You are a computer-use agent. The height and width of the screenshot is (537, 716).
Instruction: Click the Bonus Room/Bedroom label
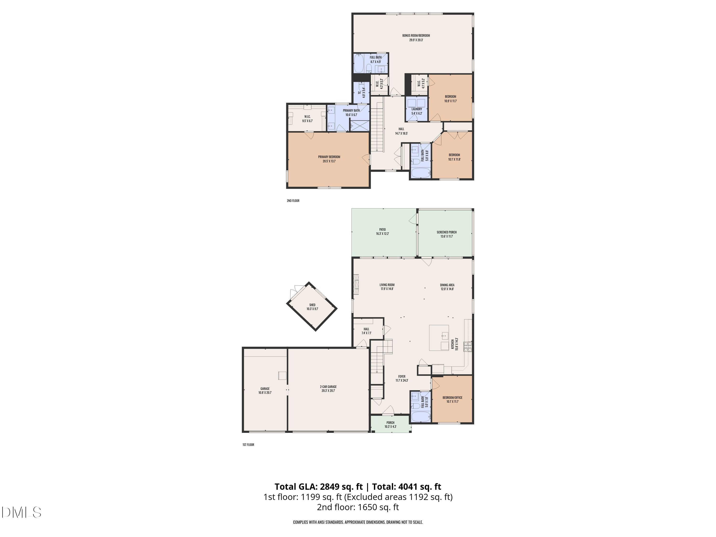416,37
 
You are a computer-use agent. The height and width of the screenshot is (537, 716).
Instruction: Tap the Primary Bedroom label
329,159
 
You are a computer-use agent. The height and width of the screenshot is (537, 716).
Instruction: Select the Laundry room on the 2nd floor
416,109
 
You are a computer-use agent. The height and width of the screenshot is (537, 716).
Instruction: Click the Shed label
312,306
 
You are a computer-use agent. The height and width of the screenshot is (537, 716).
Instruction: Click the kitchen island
439,338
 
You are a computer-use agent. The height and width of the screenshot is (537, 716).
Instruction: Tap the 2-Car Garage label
328,388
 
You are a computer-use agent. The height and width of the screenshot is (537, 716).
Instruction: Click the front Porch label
390,424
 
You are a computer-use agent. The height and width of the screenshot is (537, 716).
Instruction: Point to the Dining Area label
447,287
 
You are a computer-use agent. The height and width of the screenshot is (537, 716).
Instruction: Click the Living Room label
387,287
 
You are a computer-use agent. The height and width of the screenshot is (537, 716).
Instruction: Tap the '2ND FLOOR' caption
293,201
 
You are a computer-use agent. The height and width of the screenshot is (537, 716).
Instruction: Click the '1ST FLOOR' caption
248,445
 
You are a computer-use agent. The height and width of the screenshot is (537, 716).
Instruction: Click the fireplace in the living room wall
356,284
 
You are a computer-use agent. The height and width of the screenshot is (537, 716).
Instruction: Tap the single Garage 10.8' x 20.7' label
265,390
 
